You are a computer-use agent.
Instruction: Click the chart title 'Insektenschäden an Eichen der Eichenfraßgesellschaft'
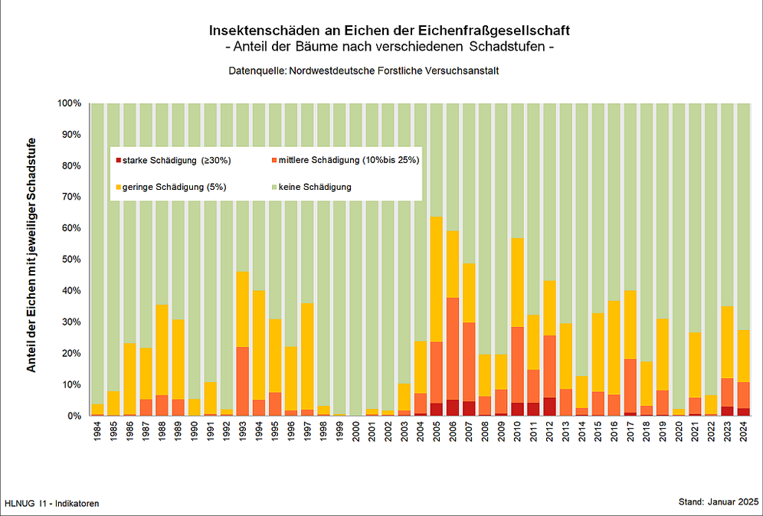390,31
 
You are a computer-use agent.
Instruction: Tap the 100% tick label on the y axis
69,103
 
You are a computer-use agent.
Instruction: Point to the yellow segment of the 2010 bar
517,282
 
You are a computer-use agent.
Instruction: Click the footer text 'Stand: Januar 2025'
718,502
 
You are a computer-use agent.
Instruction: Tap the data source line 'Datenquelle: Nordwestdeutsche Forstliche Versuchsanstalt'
364,70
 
